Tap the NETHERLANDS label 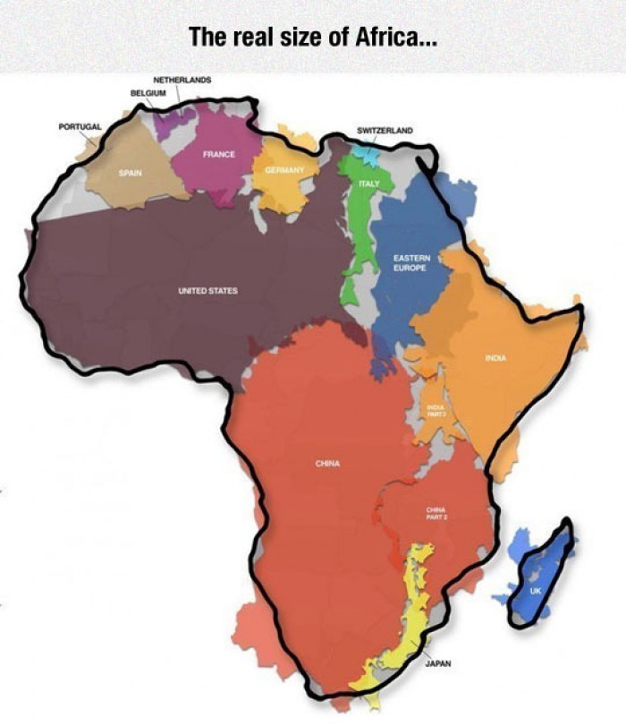(x=182, y=80)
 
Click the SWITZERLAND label (x=385, y=131)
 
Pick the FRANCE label (x=218, y=154)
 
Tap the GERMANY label (x=284, y=170)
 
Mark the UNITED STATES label (x=207, y=291)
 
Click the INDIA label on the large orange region (x=496, y=358)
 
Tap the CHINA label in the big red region (x=326, y=463)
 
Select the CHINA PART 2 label (x=436, y=512)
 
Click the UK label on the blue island (x=535, y=591)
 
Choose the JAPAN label (x=437, y=664)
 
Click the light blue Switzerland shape (x=365, y=151)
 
